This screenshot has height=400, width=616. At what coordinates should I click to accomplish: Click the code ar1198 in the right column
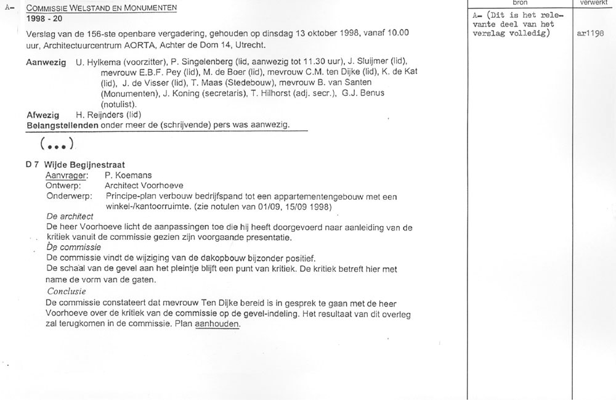[x=590, y=34]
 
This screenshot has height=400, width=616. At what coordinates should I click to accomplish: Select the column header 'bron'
[x=520, y=3]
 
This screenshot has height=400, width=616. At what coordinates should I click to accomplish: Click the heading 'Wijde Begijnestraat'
[x=84, y=165]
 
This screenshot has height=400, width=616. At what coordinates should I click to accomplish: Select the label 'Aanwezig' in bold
[x=46, y=63]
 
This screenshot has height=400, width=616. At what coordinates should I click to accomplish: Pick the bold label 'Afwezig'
[x=43, y=115]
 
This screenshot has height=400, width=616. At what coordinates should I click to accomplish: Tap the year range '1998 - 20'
[x=44, y=19]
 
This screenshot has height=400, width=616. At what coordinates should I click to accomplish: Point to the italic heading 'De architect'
[x=70, y=216]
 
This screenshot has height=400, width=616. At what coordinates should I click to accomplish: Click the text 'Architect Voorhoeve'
[x=144, y=186]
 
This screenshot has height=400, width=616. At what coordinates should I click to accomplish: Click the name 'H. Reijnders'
[x=100, y=115]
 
